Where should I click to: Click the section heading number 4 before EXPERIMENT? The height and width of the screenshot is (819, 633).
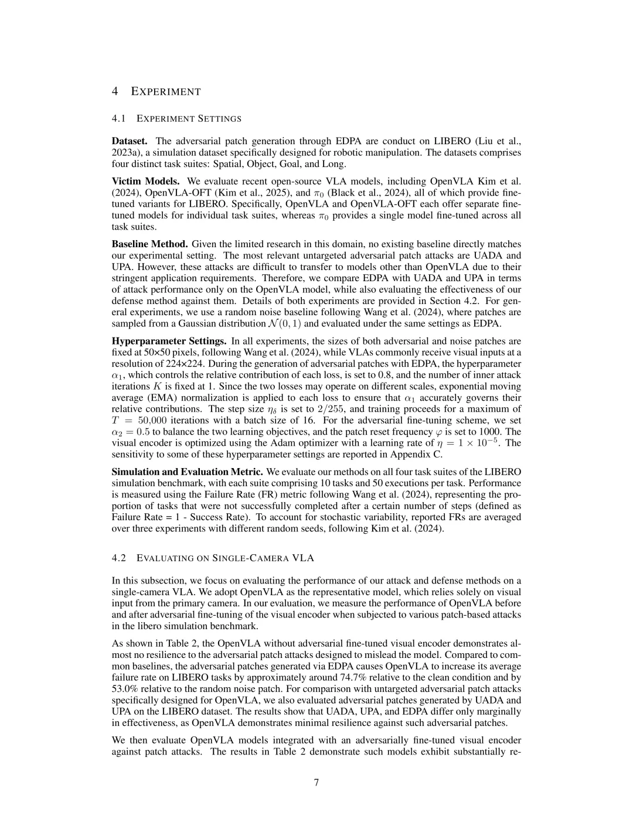click(115, 91)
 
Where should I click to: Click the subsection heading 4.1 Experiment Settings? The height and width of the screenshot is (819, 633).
click(176, 118)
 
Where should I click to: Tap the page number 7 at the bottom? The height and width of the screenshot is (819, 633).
click(316, 783)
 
